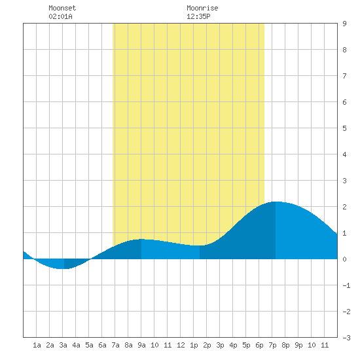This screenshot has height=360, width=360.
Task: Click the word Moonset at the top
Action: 62,8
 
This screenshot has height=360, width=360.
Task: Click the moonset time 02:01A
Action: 61,16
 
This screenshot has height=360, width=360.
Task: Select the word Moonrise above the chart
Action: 202,8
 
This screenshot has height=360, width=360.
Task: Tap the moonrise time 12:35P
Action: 198,16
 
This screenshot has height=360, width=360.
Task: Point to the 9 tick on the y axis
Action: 344,24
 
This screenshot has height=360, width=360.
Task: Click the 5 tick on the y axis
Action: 344,128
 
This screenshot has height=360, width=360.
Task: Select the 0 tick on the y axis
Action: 344,259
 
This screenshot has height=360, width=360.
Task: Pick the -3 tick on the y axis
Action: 346,338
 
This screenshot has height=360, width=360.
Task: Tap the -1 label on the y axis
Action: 346,285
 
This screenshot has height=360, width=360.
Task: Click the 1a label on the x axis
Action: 37,345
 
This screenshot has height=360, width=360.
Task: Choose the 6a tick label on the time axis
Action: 102,345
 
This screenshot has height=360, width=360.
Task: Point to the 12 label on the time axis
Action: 181,345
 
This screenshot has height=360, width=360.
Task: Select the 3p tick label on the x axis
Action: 220,345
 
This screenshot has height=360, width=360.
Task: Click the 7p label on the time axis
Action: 272,345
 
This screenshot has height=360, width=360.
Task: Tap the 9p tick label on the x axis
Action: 298,345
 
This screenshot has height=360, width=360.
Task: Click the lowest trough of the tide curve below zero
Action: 63,268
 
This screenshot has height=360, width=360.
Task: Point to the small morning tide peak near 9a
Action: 141,239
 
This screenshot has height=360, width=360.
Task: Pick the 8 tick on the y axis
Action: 344,50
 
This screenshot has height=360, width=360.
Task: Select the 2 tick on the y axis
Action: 344,207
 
